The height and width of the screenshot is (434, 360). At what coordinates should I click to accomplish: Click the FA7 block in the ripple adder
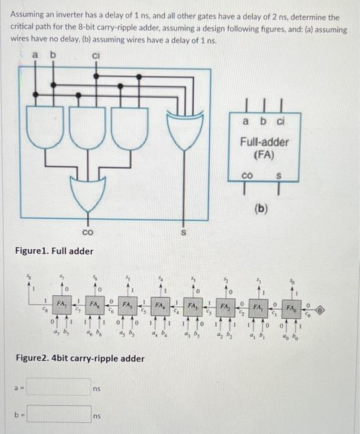click(x=61, y=306)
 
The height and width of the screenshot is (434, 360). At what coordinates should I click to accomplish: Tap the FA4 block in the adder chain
click(x=161, y=306)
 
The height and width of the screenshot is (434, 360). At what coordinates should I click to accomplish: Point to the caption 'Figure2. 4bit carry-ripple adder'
click(x=79, y=358)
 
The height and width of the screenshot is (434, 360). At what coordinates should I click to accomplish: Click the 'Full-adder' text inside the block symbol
click(x=265, y=142)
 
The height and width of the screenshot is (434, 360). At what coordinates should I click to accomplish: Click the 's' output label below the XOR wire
click(x=183, y=233)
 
